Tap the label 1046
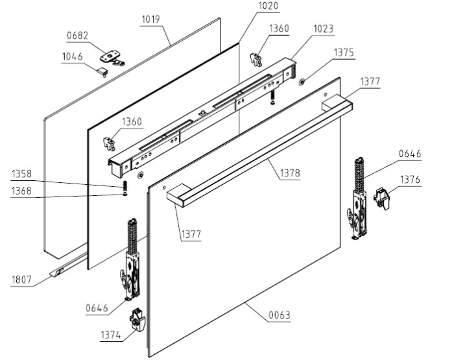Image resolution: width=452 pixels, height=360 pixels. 72,57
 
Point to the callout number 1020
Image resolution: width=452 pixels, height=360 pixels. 250,6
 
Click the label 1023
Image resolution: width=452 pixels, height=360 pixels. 324,29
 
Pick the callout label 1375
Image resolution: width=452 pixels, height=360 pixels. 344,53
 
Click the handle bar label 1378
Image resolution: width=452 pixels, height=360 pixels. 290,173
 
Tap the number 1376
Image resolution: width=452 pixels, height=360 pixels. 410,179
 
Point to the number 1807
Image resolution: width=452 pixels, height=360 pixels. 21,280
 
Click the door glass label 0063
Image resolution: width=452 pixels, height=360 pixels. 280,316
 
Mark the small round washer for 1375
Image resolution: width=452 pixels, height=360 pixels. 302,82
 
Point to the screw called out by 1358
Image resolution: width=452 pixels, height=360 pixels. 123,188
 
